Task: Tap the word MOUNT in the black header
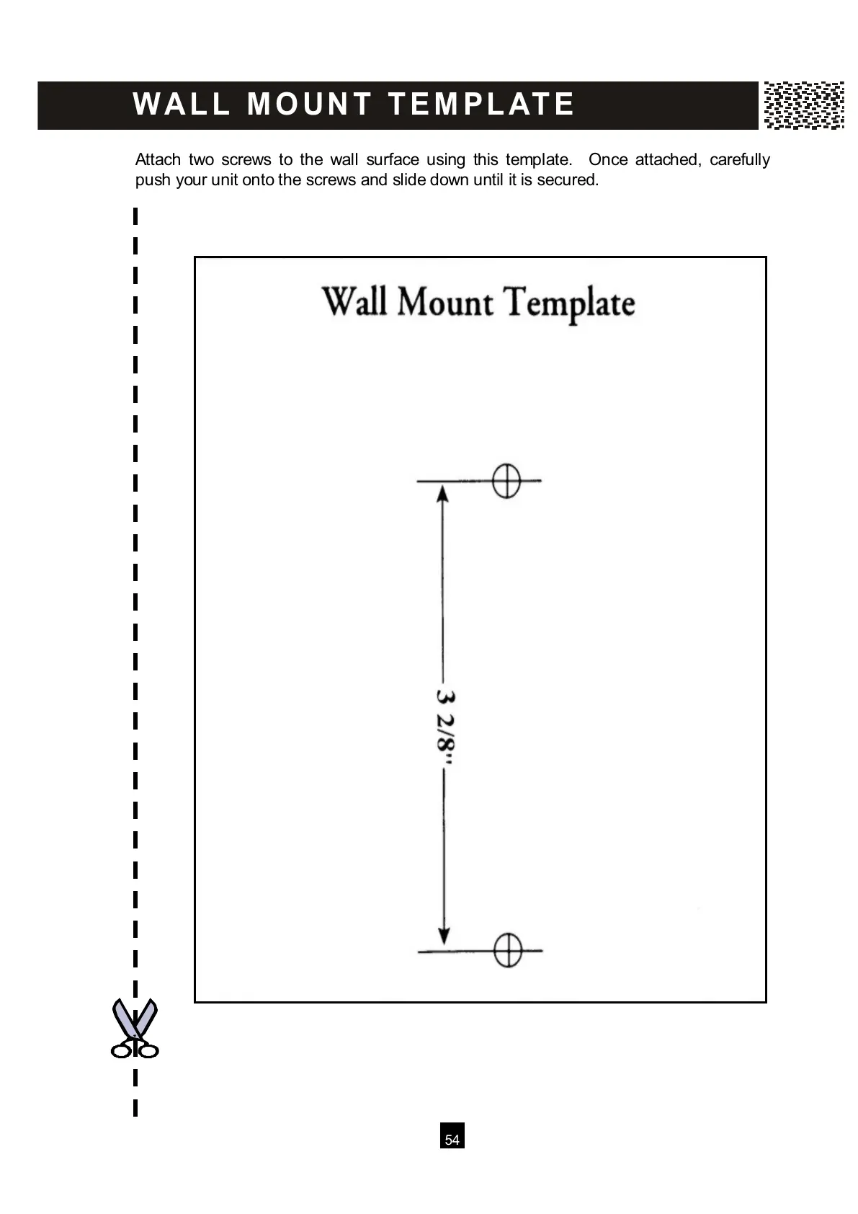(x=309, y=105)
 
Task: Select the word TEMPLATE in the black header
(x=481, y=105)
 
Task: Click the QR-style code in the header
(x=803, y=105)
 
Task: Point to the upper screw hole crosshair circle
(x=506, y=480)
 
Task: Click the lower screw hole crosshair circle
(x=507, y=950)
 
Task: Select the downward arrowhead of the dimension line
(x=444, y=934)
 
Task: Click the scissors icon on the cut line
(x=135, y=1029)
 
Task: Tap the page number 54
(x=452, y=1140)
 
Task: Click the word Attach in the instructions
(x=158, y=159)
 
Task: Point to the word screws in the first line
(x=246, y=159)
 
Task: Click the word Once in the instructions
(x=608, y=159)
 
